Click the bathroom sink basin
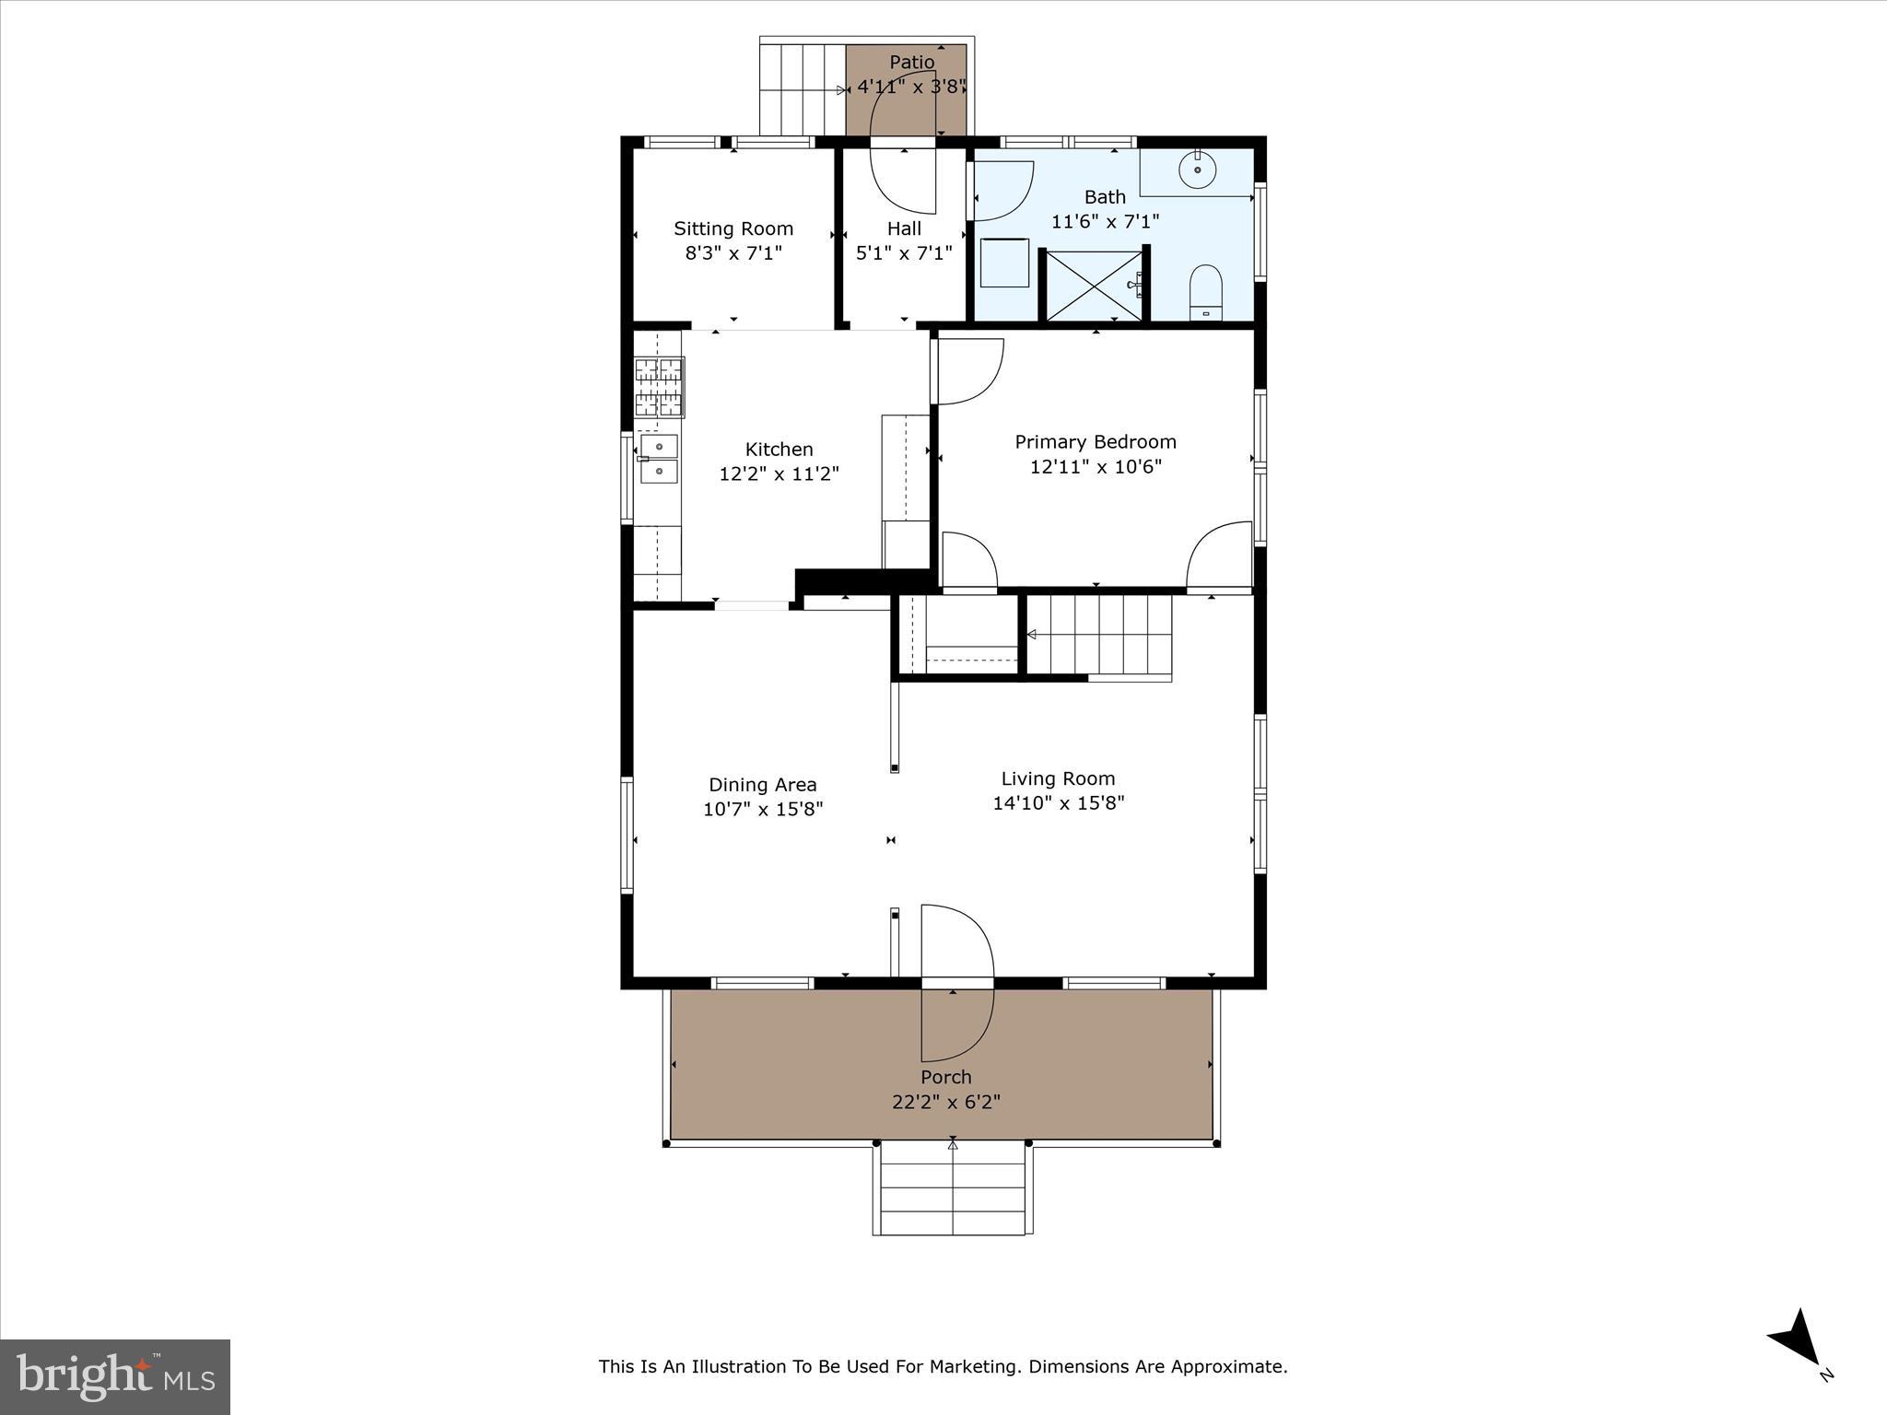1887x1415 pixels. (1198, 170)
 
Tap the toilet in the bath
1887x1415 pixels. (1205, 290)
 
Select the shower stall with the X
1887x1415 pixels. (1094, 286)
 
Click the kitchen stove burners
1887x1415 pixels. (659, 387)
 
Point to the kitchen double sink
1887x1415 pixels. (659, 459)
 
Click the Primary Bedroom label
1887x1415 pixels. (1096, 442)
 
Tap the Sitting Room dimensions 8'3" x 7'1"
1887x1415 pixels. (733, 253)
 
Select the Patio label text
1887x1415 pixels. (911, 63)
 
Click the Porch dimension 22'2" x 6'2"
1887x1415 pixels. (946, 1102)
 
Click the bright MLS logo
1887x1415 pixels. (115, 1377)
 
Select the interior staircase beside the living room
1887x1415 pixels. (1098, 636)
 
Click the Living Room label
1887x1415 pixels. (1058, 778)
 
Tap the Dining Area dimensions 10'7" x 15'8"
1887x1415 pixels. (763, 809)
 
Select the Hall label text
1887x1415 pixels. (904, 228)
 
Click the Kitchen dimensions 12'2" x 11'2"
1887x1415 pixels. (779, 474)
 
